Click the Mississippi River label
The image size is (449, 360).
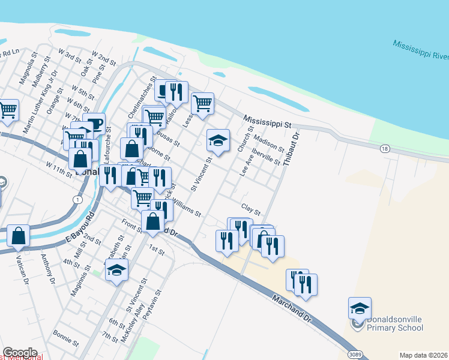(421, 50)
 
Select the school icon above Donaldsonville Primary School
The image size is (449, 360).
(360, 308)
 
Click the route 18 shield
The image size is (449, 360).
(385, 148)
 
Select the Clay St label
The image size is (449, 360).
(251, 209)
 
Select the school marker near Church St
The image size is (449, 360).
(217, 141)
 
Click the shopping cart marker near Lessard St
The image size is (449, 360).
(202, 103)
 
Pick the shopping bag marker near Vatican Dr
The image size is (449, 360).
(18, 236)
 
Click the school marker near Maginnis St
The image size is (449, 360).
(116, 269)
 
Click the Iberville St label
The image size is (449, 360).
(267, 155)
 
